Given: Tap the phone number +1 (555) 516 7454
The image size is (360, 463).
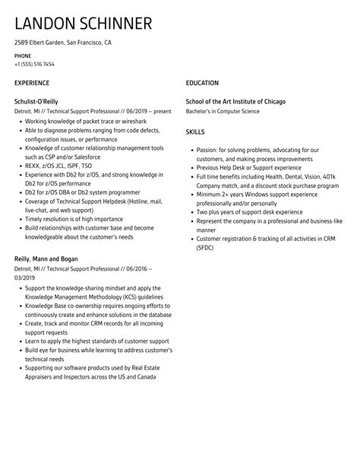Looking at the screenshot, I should (x=35, y=65).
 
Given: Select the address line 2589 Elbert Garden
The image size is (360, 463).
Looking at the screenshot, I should (x=62, y=43).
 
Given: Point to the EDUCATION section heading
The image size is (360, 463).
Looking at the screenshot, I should (x=202, y=83).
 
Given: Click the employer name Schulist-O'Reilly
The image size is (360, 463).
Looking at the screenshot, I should (x=36, y=100).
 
